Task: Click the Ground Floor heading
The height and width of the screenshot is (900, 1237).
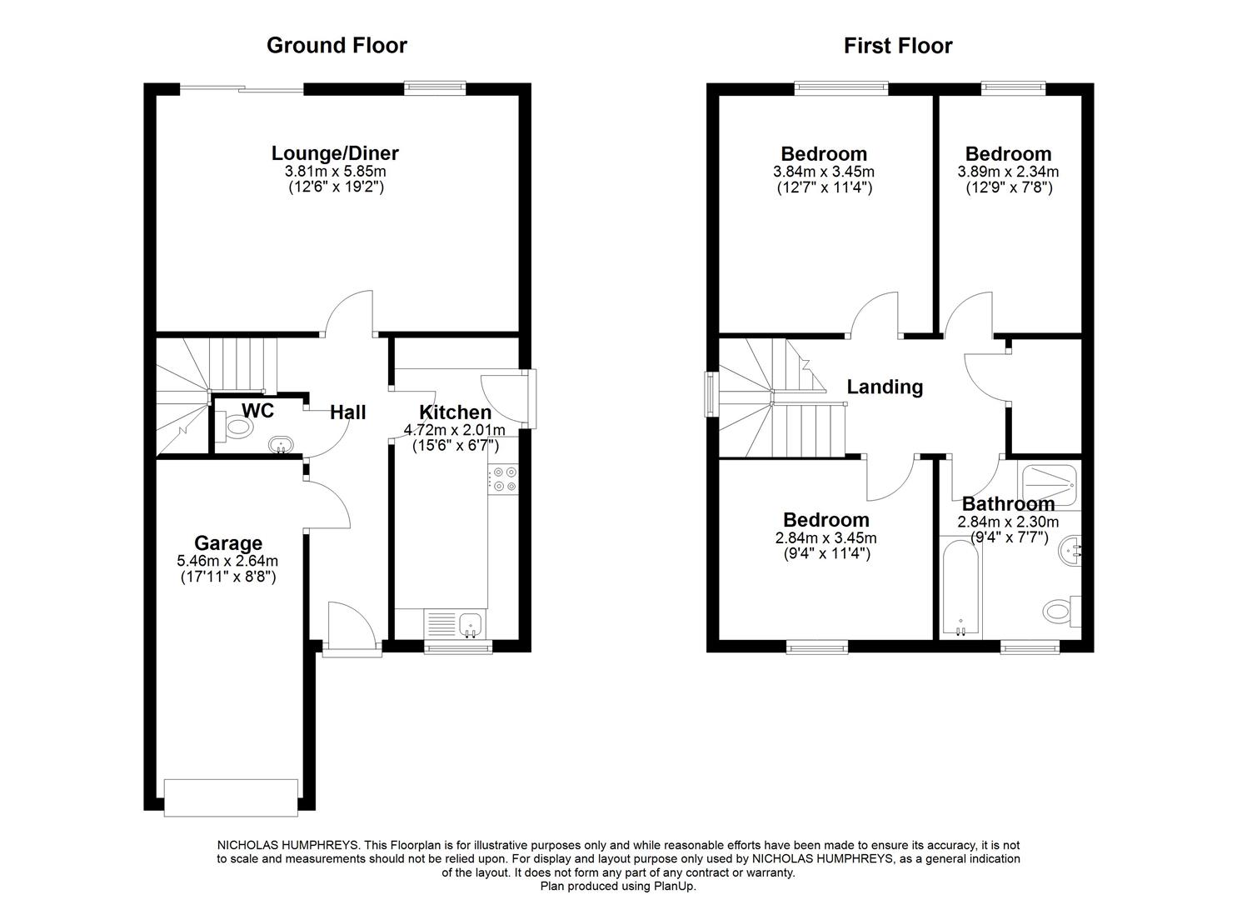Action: [x=337, y=45]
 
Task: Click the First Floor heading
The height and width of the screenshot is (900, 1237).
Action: [x=897, y=45]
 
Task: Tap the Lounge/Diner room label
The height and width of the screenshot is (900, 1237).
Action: [x=335, y=153]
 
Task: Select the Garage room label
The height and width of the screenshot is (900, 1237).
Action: [x=228, y=543]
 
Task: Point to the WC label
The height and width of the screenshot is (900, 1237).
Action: [x=257, y=410]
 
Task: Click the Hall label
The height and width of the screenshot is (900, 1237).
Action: [x=347, y=412]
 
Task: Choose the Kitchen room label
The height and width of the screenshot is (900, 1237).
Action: [x=455, y=412]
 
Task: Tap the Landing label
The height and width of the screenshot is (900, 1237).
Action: [x=885, y=387]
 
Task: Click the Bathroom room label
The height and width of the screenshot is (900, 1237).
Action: [x=1008, y=504]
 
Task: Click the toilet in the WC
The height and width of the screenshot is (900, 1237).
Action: [x=237, y=427]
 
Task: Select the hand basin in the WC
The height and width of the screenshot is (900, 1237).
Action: [x=281, y=444]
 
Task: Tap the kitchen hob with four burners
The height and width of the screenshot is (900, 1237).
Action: [x=504, y=480]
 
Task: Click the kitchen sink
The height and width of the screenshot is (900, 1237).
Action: [x=470, y=622]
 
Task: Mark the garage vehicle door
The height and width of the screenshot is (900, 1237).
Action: [x=231, y=797]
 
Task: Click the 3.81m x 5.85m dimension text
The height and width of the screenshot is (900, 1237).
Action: [x=335, y=172]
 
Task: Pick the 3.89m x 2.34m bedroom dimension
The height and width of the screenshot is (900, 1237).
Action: [x=1008, y=172]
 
